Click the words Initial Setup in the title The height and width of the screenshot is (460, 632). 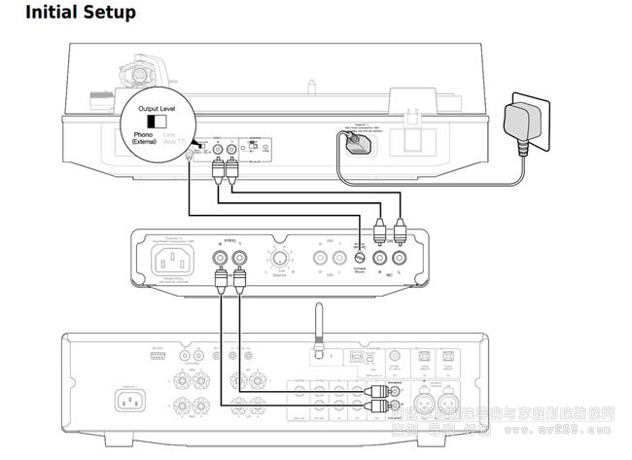(x=81, y=14)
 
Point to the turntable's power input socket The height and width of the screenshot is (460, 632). (x=355, y=143)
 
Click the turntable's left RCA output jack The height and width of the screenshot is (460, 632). (x=217, y=152)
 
